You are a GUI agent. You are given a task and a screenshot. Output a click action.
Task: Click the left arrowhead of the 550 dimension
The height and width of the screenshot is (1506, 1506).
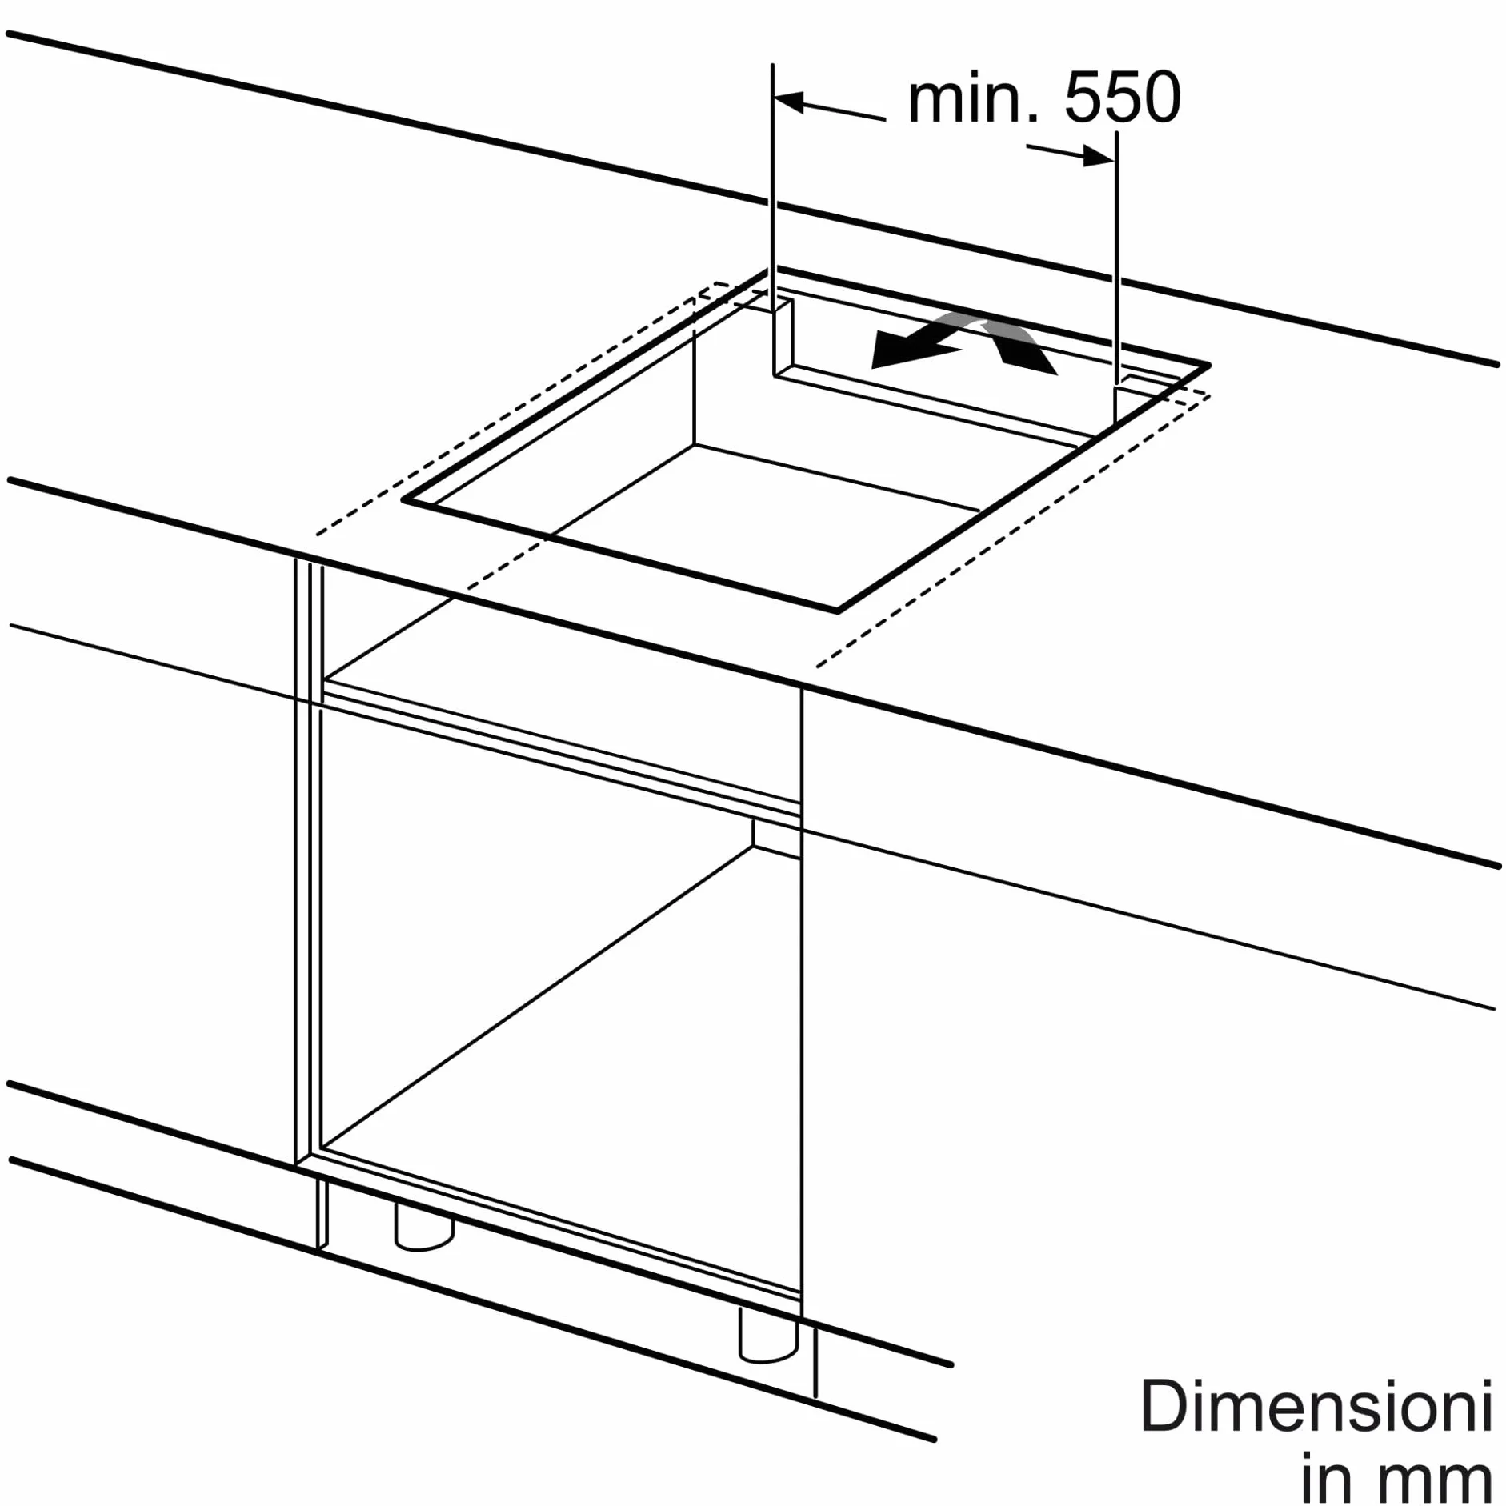[x=789, y=102]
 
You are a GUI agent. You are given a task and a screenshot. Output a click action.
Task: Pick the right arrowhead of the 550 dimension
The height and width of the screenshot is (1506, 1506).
[x=1099, y=157]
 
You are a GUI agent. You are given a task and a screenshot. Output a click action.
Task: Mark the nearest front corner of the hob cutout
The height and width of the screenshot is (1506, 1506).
[x=837, y=611]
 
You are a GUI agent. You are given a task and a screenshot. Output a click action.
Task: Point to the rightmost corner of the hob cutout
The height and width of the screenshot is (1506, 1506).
[x=1208, y=365]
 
